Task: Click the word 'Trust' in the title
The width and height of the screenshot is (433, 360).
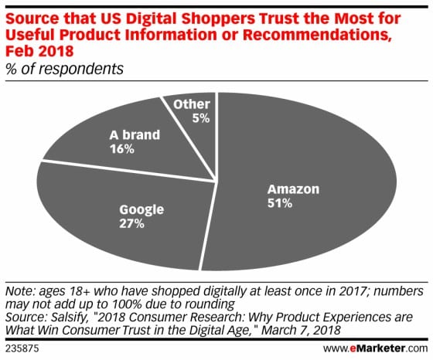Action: pos(250,12)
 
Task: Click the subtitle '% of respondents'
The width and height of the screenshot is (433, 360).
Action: pos(63,68)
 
